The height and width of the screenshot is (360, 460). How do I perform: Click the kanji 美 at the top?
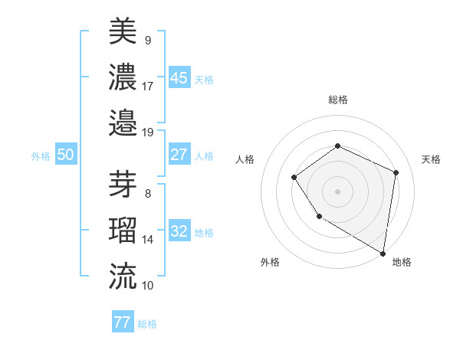[x=123, y=31]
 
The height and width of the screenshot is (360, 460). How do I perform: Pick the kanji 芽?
[x=123, y=184]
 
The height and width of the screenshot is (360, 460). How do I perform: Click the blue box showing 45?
[x=179, y=77]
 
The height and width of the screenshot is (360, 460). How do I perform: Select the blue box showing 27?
[x=179, y=155]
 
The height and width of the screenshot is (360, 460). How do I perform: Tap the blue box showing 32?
[x=179, y=231]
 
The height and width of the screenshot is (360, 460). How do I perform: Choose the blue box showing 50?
[x=66, y=155]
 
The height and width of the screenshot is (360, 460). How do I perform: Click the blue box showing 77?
[x=123, y=322]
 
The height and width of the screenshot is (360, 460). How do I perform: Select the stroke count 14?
[x=148, y=240]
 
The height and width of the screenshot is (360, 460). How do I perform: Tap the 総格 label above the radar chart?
[x=337, y=100]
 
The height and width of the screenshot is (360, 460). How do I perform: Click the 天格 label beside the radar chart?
[x=431, y=159]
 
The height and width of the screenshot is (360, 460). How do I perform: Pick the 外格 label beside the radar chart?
[x=270, y=262]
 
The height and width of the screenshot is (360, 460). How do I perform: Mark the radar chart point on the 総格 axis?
[x=337, y=146]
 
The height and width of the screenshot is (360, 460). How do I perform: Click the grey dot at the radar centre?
[x=337, y=191]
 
